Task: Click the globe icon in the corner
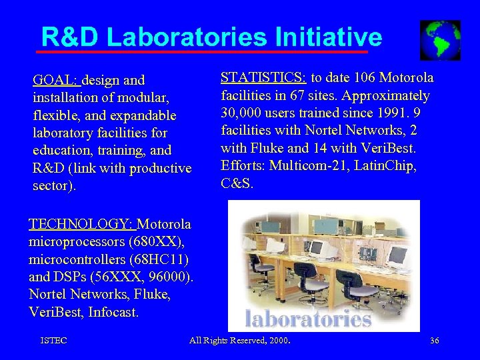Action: click(440, 40)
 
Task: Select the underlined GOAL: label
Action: click(56, 81)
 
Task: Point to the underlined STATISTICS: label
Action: click(263, 77)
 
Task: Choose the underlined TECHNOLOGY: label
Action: click(81, 224)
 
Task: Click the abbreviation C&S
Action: click(237, 183)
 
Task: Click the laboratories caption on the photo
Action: click(307, 318)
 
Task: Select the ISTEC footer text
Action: click(53, 341)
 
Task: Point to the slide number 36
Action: click(434, 341)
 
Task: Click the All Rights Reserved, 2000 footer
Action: click(244, 341)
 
